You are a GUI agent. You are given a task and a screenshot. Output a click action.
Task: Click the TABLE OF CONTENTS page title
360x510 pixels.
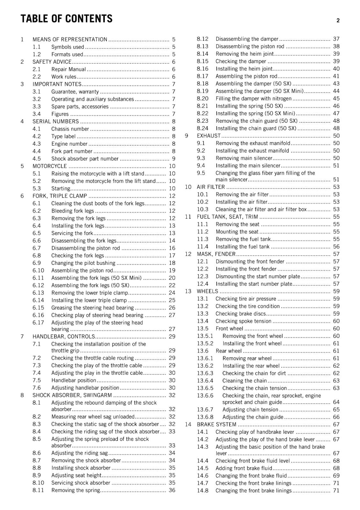pyautogui.click(x=66, y=19)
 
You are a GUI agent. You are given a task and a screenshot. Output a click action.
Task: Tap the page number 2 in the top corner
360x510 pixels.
pyautogui.click(x=338, y=20)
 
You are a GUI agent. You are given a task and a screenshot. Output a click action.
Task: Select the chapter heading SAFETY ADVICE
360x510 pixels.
pyautogui.click(x=52, y=62)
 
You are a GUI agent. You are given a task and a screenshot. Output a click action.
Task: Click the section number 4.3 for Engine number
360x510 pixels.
pyautogui.click(x=37, y=144)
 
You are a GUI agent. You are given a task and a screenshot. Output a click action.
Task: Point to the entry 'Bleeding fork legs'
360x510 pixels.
pyautogui.click(x=73, y=211)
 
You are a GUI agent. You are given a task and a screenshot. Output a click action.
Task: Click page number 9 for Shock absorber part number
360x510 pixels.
pyautogui.click(x=174, y=159)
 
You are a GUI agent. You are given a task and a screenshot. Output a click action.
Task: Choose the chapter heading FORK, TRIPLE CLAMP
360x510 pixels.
pyautogui.click(x=60, y=196)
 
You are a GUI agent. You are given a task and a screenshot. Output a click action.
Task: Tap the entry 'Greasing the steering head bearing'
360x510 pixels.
pyautogui.click(x=92, y=308)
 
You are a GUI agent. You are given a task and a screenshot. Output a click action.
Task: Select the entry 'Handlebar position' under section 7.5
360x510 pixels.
pyautogui.click(x=74, y=380)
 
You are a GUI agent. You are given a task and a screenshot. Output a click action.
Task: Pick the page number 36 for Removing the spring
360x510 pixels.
pyautogui.click(x=172, y=490)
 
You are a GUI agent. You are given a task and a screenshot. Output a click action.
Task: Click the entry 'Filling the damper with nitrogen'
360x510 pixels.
pyautogui.click(x=253, y=98)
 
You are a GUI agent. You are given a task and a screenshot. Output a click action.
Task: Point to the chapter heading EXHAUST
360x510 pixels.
pyautogui.click(x=208, y=136)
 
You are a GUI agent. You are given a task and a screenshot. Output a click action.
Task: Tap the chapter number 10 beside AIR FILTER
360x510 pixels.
pyautogui.click(x=188, y=187)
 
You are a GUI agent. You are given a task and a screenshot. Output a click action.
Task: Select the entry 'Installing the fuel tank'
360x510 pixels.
pyautogui.click(x=242, y=247)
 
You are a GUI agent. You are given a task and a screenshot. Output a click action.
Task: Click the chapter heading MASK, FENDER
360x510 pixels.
pyautogui.click(x=216, y=254)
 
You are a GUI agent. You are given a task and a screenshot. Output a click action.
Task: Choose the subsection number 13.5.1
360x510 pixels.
pyautogui.click(x=205, y=336)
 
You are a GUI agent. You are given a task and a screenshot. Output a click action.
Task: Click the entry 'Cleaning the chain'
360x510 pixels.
pyautogui.click(x=244, y=381)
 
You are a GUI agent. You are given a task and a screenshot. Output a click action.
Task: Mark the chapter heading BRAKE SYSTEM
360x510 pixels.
pyautogui.click(x=216, y=425)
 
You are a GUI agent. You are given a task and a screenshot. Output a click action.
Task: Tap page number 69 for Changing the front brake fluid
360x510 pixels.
pyautogui.click(x=336, y=476)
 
